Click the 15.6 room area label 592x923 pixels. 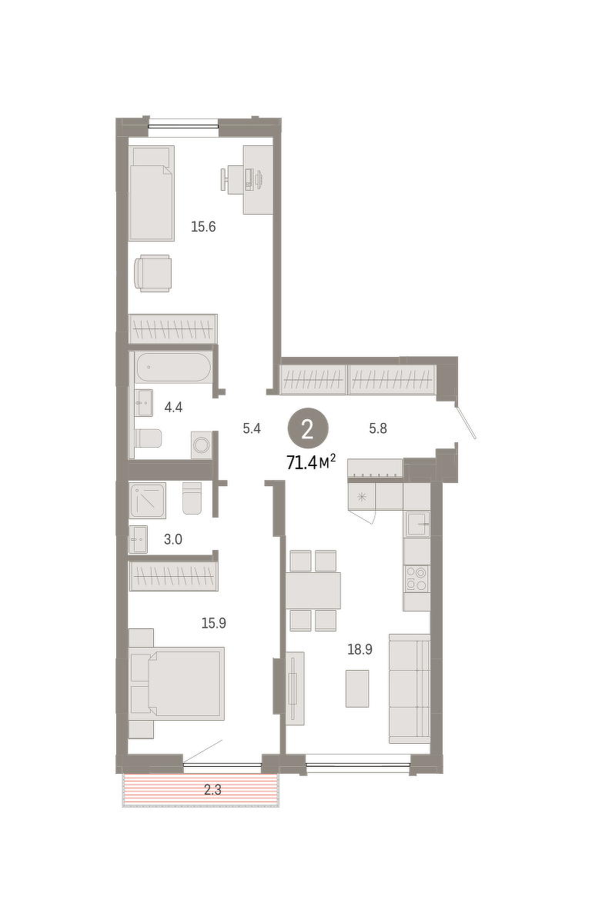tap(203, 227)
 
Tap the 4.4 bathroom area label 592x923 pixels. tap(173, 408)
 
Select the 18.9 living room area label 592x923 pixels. tap(360, 650)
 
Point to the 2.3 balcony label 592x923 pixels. tap(213, 790)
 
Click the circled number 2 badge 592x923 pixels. tap(308, 428)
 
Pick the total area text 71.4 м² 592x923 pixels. tap(311, 463)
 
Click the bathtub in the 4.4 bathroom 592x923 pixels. tap(174, 367)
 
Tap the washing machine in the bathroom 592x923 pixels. tap(202, 445)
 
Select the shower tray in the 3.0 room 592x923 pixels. tap(148, 501)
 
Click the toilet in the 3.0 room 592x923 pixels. tap(192, 498)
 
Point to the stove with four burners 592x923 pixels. tap(416, 578)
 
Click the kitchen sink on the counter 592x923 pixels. tap(417, 524)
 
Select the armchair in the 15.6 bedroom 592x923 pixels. tap(152, 273)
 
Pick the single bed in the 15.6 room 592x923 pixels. tap(152, 193)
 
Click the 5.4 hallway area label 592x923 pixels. tap(252, 428)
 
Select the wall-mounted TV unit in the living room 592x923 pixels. tap(295, 688)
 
